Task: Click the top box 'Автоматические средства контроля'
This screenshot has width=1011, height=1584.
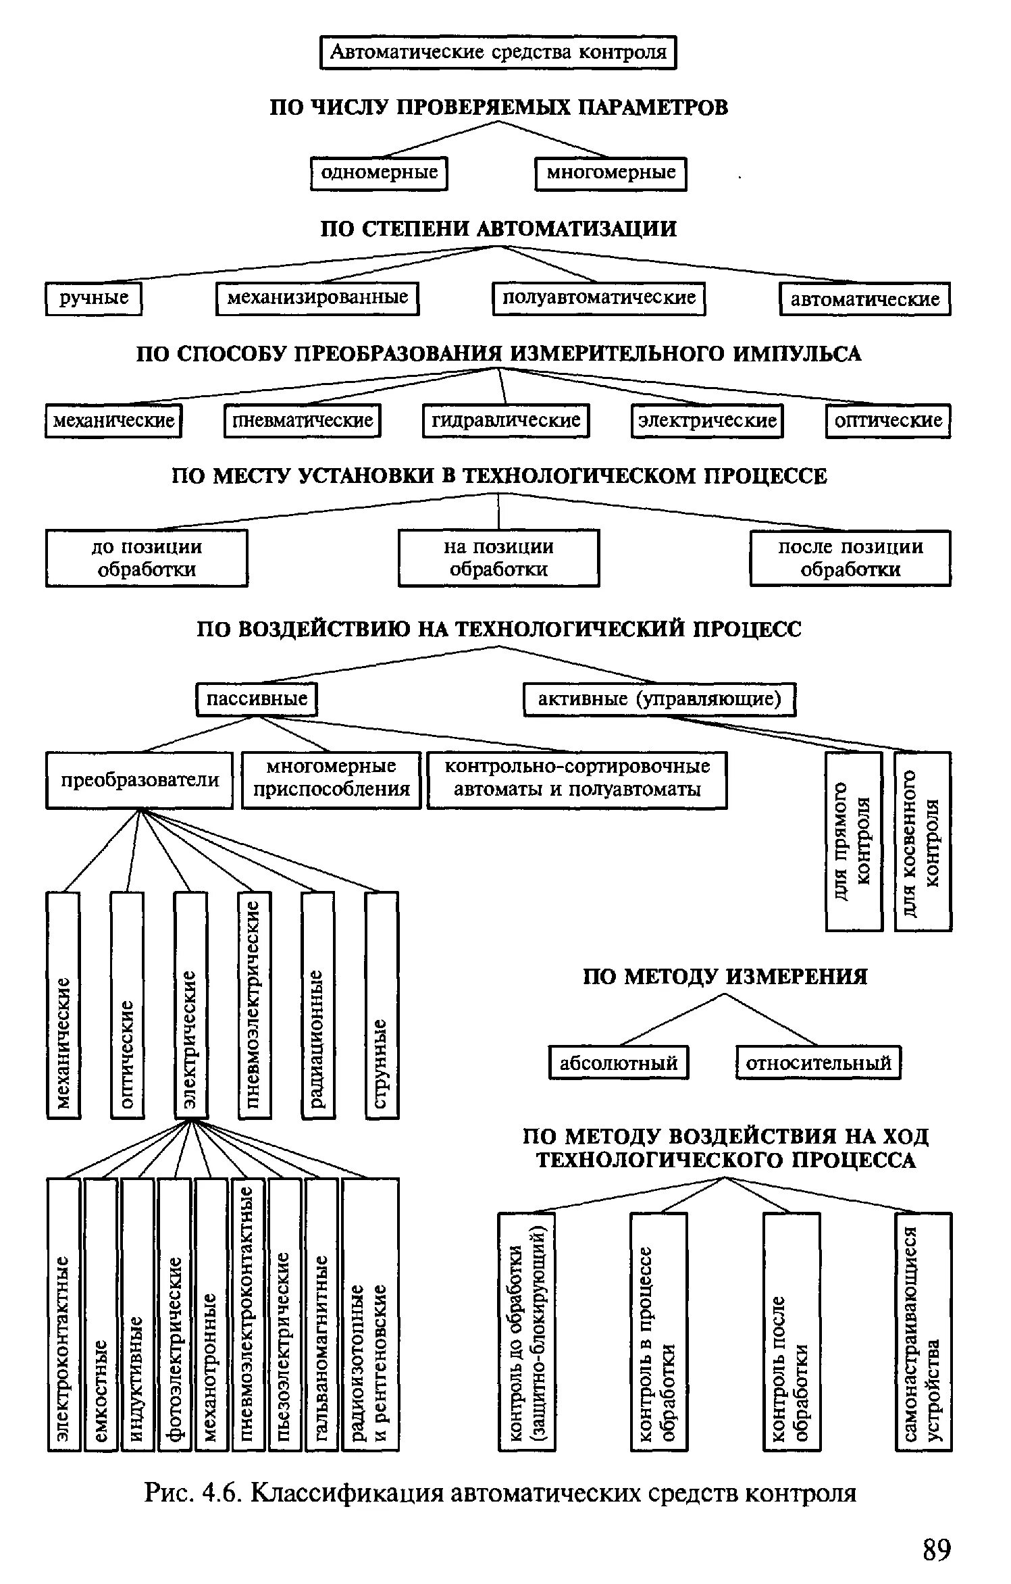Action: point(498,53)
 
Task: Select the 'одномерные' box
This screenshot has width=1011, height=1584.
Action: point(379,174)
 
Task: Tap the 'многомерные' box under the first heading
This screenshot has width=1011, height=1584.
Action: point(611,174)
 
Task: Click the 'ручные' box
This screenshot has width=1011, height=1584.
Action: point(94,299)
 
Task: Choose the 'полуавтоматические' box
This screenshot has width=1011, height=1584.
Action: point(598,299)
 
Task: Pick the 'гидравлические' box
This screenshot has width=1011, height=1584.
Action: point(506,421)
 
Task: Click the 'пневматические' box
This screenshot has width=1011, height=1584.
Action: point(303,421)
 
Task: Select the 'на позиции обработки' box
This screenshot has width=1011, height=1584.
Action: point(498,558)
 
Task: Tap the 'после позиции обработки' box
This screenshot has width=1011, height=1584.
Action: point(850,558)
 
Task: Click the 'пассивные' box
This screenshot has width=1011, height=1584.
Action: point(257,699)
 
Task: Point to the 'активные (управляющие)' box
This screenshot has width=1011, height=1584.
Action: point(659,699)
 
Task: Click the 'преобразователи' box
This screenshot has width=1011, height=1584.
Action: point(140,780)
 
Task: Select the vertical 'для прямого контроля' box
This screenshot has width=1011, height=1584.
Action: point(854,842)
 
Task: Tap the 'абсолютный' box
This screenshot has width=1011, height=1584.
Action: point(619,1063)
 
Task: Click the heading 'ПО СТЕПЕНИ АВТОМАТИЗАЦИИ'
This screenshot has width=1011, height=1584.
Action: point(498,229)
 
